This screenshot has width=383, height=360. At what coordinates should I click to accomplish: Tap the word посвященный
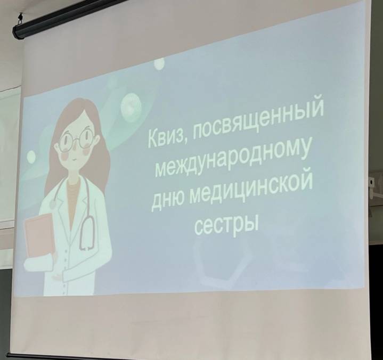[x=257, y=121]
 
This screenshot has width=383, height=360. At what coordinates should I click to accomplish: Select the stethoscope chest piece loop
[x=87, y=234]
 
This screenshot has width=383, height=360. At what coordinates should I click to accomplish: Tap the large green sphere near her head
[x=131, y=108]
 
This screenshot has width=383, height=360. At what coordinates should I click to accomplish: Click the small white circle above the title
[x=159, y=63]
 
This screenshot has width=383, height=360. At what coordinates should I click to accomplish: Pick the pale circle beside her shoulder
[x=31, y=157]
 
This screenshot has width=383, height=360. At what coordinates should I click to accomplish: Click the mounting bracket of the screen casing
[x=20, y=20]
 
